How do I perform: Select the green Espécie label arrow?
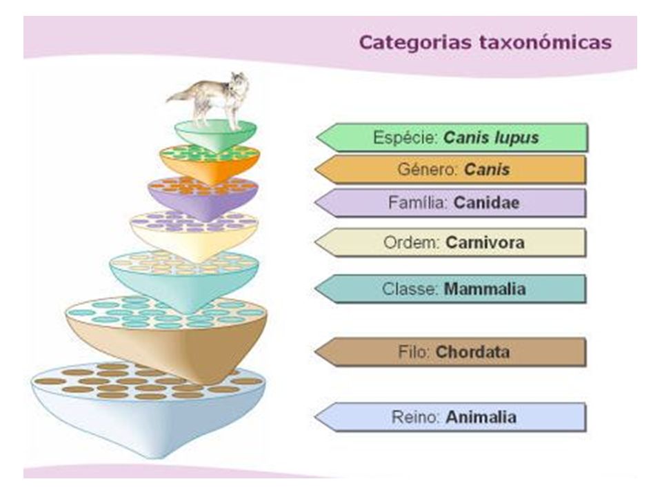[452, 137]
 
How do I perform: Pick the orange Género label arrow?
[450, 170]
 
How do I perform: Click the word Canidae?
[486, 202]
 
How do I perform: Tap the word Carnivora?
[485, 242]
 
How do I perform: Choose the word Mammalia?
[485, 289]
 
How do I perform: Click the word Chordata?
[472, 352]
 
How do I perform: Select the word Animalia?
[481, 417]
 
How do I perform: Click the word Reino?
[417, 417]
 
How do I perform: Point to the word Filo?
[414, 352]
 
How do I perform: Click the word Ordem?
[412, 242]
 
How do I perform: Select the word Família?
[419, 202]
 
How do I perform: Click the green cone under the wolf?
[216, 135]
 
